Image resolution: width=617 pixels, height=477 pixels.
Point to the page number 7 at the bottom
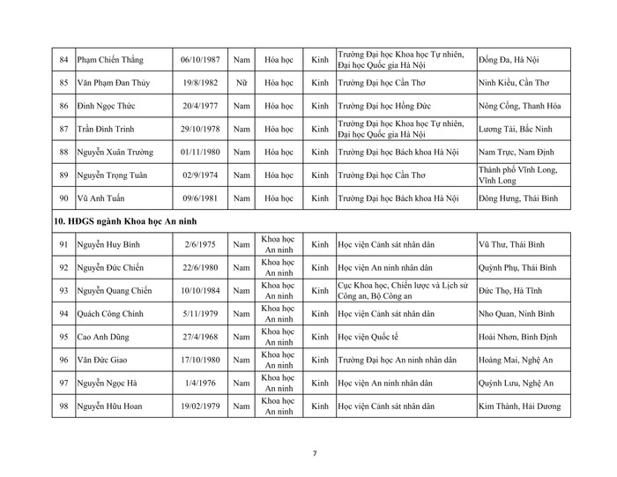click(x=315, y=453)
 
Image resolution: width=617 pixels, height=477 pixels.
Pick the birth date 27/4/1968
click(x=198, y=336)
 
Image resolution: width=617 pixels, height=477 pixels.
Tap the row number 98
click(x=63, y=406)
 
